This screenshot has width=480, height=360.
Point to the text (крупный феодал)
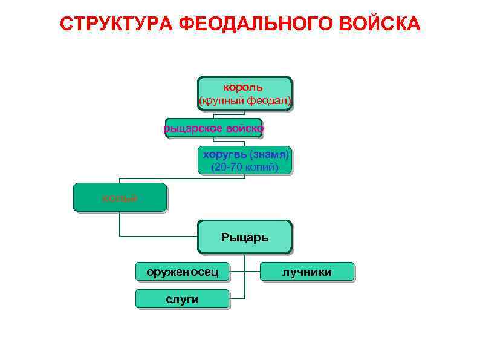(x=245, y=99)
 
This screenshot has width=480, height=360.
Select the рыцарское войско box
(x=213, y=128)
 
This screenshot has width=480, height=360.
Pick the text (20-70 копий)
(x=245, y=167)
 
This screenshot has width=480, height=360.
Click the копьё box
(x=120, y=197)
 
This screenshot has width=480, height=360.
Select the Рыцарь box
(x=245, y=237)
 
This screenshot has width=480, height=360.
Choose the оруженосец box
(x=182, y=272)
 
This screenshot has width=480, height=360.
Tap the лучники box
(x=307, y=272)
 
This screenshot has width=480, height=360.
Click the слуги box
(x=182, y=299)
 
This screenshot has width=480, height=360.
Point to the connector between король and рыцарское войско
(x=245, y=114)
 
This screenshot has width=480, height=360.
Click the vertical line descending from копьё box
(x=120, y=223)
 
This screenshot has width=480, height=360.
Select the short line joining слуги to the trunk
(x=237, y=299)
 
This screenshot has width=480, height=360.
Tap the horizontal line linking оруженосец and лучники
(x=245, y=272)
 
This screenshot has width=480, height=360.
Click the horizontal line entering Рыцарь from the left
(x=158, y=235)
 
